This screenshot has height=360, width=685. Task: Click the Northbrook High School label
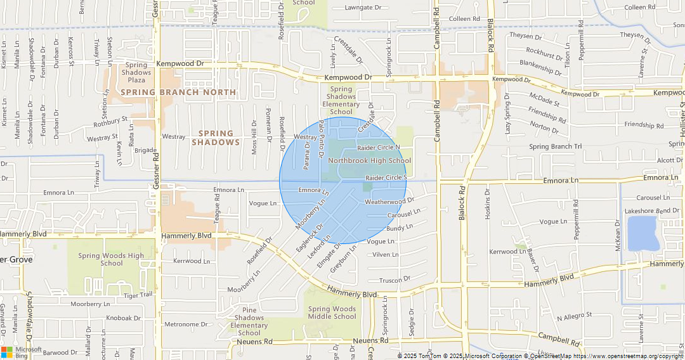point(369,161)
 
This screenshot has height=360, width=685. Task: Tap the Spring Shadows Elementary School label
point(341,101)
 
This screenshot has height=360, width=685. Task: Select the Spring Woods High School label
point(111,259)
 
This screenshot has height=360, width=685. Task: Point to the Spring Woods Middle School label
point(332,312)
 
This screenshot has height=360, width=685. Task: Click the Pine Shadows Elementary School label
point(249,321)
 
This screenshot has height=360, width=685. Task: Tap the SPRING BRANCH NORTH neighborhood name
point(178,93)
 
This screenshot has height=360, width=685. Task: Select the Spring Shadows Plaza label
point(136,72)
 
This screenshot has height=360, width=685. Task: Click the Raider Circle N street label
point(379,147)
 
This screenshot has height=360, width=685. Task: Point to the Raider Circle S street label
point(386,178)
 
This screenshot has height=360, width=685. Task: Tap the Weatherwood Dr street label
point(389,201)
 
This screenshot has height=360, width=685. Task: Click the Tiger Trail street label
point(139,295)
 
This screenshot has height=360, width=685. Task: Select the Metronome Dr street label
point(186,325)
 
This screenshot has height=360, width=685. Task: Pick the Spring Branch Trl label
point(555,147)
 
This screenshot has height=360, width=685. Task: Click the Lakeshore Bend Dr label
point(650,210)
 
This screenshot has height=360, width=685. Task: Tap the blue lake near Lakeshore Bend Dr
point(642,233)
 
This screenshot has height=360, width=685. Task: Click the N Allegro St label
point(574,315)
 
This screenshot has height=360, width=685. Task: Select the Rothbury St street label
point(107,119)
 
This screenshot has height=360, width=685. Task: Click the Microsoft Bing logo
point(22,352)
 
